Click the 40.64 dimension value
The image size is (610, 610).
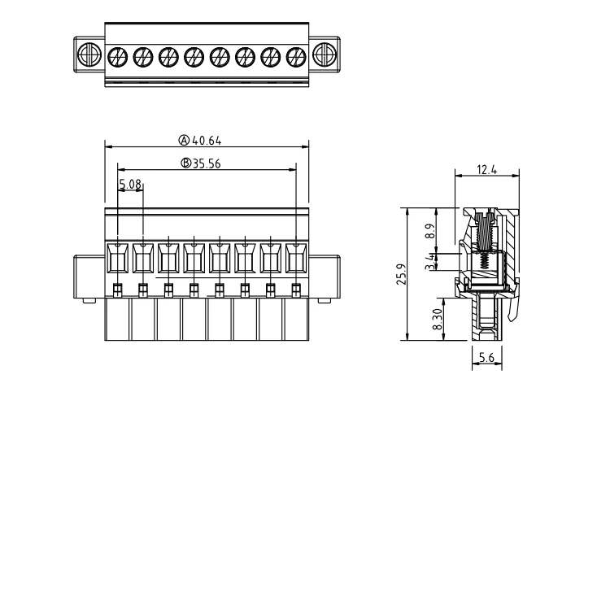[207, 141]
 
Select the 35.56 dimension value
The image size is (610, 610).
[207, 163]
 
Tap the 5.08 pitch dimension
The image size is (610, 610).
[130, 184]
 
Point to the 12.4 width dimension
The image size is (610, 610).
[486, 170]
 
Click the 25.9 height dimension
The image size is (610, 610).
[401, 274]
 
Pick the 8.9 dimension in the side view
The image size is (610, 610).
[429, 231]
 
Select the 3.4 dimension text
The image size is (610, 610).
[429, 261]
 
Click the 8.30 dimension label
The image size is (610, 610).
[438, 320]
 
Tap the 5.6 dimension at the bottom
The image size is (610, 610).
[486, 357]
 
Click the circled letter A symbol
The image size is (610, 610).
[184, 140]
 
